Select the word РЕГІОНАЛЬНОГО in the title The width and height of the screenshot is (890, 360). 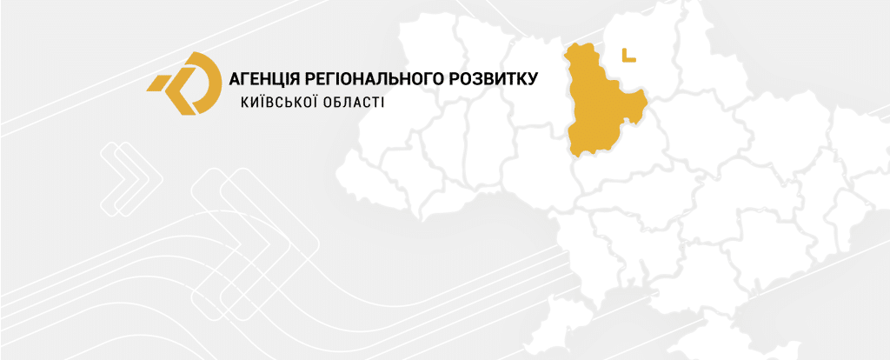tap(375, 79)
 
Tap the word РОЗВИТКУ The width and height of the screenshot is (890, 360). tap(496, 79)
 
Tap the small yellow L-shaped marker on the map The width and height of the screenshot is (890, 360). tap(628, 56)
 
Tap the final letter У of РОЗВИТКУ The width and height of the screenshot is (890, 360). tap(533, 79)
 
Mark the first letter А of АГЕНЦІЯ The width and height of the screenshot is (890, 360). tap(234, 79)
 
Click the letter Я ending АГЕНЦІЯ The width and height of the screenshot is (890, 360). tap(294, 79)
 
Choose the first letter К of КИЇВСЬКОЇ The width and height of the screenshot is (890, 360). tap(244, 103)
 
